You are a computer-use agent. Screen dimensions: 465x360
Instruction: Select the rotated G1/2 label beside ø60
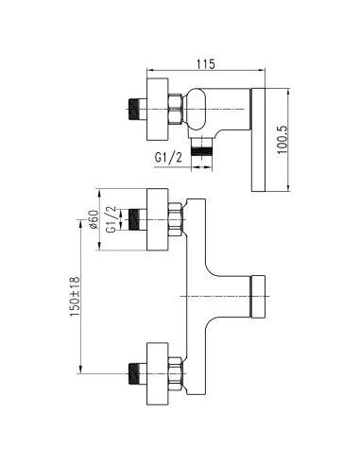tap(111, 219)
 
